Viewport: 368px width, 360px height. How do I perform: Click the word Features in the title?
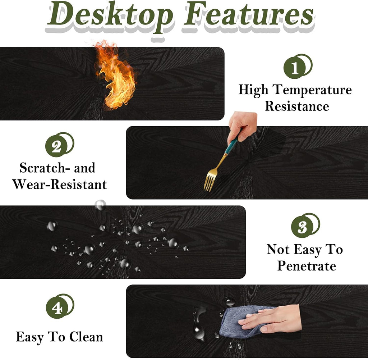249,14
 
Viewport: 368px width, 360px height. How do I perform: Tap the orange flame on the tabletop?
115,75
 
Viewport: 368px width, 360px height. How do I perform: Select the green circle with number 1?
295,68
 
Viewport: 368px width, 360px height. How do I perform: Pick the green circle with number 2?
56,146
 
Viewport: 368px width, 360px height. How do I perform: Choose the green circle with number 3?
302,227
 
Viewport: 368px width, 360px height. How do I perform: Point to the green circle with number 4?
57,307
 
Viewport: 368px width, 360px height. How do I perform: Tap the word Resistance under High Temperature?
297,106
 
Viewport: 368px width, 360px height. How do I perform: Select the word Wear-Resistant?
60,184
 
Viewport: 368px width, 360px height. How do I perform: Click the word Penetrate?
307,266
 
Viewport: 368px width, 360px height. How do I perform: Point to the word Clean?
86,337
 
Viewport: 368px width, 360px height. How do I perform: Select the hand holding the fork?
242,126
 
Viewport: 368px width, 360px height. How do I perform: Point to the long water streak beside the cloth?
199,323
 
